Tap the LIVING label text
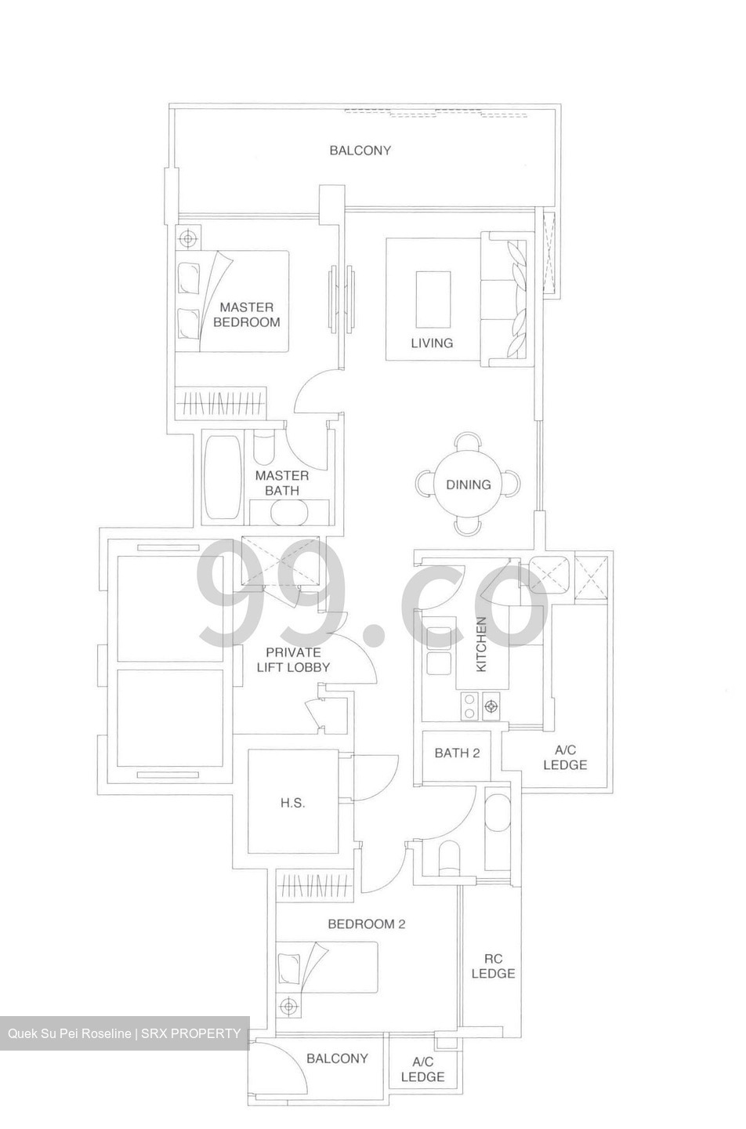[432, 343]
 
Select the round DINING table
[469, 485]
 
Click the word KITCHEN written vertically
[481, 644]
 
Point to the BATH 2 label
[457, 753]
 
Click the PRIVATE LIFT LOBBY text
[293, 659]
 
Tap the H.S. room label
[292, 803]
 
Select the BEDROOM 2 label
[366, 924]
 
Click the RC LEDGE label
[493, 966]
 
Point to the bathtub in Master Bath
[223, 478]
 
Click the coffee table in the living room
[433, 299]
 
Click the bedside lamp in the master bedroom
[187, 238]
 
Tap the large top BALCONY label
[360, 150]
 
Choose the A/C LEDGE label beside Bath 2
[564, 757]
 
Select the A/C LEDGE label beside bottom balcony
[422, 1069]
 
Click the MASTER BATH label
[282, 483]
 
